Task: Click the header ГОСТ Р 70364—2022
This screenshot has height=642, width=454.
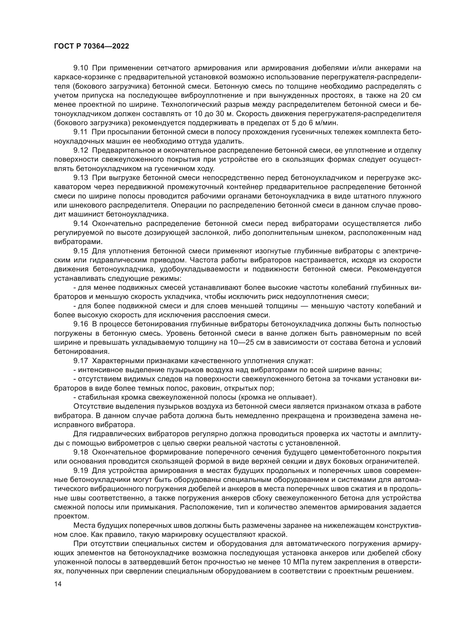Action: tap(91, 46)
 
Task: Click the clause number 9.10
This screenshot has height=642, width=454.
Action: tap(81, 68)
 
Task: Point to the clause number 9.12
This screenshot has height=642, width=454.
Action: tap(81, 150)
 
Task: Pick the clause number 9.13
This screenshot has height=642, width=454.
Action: tap(81, 178)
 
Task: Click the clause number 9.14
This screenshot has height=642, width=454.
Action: tap(81, 223)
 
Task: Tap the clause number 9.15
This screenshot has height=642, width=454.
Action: tap(81, 251)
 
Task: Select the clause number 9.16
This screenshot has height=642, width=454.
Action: tap(81, 324)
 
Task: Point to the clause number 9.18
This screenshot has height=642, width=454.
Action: tap(81, 452)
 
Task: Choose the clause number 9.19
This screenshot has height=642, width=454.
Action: tap(81, 471)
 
